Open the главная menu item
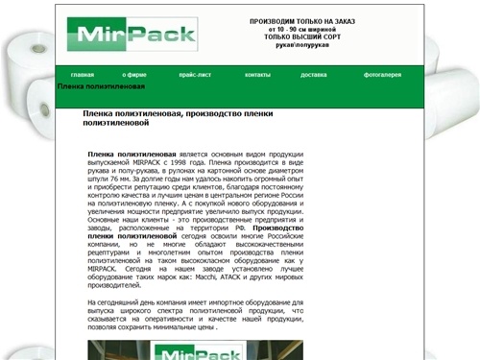83,74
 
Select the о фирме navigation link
134,74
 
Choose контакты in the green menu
257,74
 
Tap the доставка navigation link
313,74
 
